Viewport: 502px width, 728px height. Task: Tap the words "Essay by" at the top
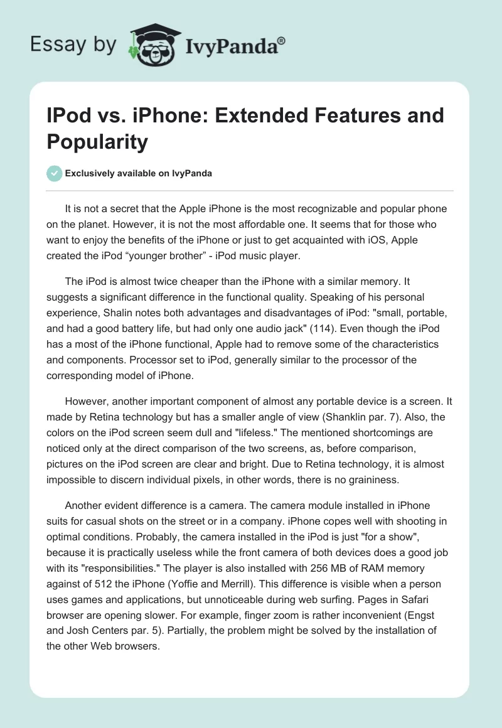[73, 45]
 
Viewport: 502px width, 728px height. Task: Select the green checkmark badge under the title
[55, 173]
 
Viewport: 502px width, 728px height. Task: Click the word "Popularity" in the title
[97, 141]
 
